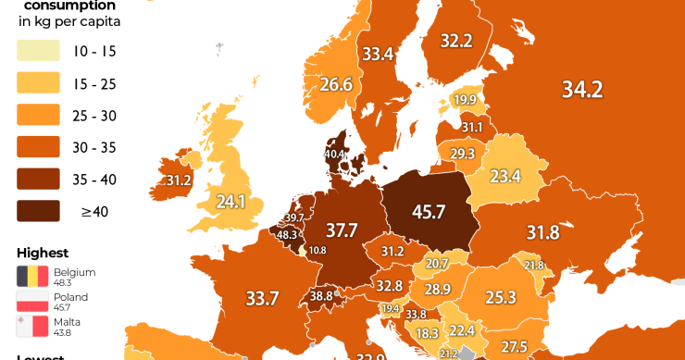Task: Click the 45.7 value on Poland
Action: tap(429, 212)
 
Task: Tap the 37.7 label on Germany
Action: tap(341, 230)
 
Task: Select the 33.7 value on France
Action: tap(262, 298)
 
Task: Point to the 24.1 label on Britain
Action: tap(230, 201)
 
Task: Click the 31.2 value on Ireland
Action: tap(179, 180)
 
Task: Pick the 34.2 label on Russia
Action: tap(581, 89)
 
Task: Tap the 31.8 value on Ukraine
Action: tap(542, 231)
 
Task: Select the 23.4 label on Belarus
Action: tap(505, 176)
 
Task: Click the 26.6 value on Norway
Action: tap(336, 85)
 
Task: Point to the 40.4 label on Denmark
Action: tap(333, 154)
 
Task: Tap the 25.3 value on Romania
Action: tap(500, 297)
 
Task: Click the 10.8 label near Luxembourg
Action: tap(317, 250)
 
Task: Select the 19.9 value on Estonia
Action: tap(465, 100)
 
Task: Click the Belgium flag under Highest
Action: tap(32, 276)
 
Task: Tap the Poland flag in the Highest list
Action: tap(32, 301)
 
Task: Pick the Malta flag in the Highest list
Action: tap(32, 326)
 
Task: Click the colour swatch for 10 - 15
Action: tap(38, 51)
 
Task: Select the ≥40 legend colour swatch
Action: tap(38, 211)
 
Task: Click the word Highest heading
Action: tap(42, 253)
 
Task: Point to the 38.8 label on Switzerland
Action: tap(321, 296)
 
